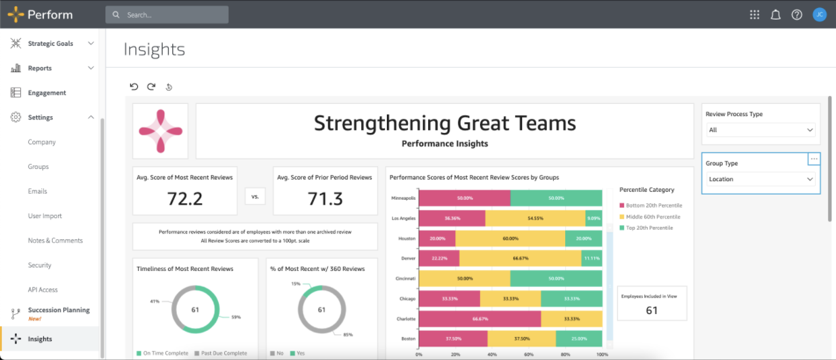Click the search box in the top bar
pyautogui.click(x=167, y=14)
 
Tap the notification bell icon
pyautogui.click(x=775, y=14)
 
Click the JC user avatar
pyautogui.click(x=819, y=14)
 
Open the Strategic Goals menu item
pyautogui.click(x=51, y=43)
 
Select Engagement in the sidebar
pyautogui.click(x=47, y=93)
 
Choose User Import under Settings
pyautogui.click(x=45, y=216)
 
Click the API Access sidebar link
pyautogui.click(x=43, y=290)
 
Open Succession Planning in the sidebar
pyautogui.click(x=58, y=311)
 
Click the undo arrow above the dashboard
pyautogui.click(x=134, y=86)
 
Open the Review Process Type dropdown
pyautogui.click(x=760, y=130)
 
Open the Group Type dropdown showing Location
pyautogui.click(x=760, y=179)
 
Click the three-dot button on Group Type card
pyautogui.click(x=814, y=159)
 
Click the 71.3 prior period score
pyautogui.click(x=325, y=198)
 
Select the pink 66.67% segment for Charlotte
pyautogui.click(x=480, y=319)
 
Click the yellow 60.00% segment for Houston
pyautogui.click(x=510, y=238)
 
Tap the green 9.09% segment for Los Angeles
pyautogui.click(x=594, y=218)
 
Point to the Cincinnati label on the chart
pyautogui.click(x=405, y=278)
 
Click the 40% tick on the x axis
pyautogui.click(x=492, y=354)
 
